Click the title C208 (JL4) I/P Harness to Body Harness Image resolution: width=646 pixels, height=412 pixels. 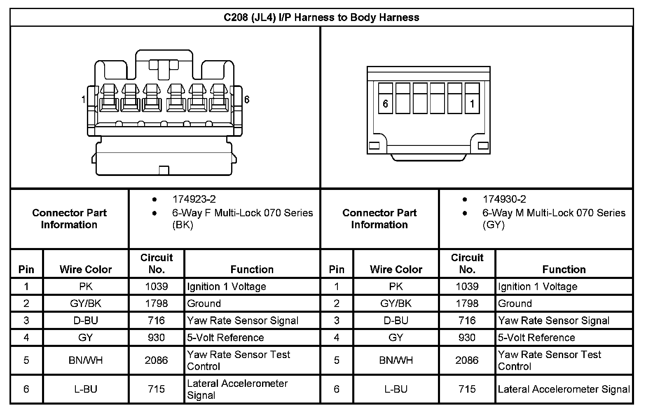(321, 18)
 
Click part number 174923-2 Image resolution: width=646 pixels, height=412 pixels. (194, 199)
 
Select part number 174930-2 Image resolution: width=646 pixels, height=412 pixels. (504, 199)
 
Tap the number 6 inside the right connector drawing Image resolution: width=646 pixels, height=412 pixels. (386, 103)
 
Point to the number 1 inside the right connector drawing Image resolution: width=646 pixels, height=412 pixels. (472, 103)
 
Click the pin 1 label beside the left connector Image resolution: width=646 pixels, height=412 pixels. (84, 100)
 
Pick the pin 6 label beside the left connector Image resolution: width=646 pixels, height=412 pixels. (247, 100)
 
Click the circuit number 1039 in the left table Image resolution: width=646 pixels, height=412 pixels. (157, 287)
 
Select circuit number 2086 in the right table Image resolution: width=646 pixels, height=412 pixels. (467, 360)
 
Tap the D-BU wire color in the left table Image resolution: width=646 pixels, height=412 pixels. (86, 321)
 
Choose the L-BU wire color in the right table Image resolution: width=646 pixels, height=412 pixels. (396, 389)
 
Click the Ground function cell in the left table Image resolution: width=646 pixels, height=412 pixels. (204, 304)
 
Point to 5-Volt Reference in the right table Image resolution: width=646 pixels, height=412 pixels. (536, 338)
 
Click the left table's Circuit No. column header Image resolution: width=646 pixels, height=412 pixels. (157, 264)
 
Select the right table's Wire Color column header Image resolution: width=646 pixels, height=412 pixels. (396, 269)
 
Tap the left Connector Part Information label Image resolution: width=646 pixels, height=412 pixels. (69, 219)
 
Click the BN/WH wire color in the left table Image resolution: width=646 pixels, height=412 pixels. (86, 360)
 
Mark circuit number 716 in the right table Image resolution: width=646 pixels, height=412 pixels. (467, 321)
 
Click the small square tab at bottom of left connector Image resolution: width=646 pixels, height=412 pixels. (164, 170)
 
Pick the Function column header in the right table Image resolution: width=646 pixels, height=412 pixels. (564, 269)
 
